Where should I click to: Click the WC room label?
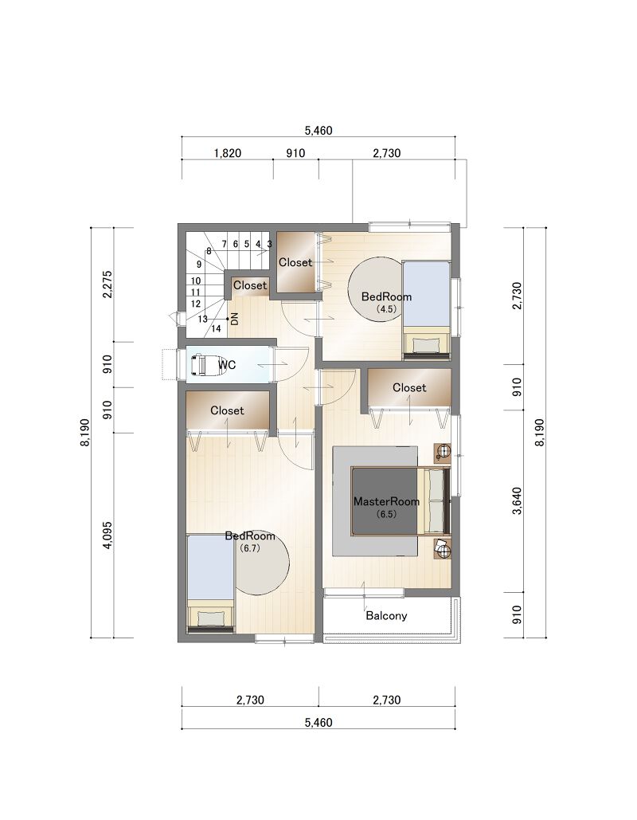(x=227, y=365)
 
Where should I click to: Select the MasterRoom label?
(x=386, y=501)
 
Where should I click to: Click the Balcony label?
(x=386, y=615)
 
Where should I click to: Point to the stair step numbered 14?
(x=216, y=329)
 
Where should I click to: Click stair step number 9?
(x=199, y=265)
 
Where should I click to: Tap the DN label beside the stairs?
(x=235, y=319)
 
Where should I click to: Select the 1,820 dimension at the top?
(x=228, y=153)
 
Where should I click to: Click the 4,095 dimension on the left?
(x=107, y=535)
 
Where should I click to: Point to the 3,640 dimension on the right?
(x=517, y=501)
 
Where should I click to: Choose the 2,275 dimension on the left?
(x=107, y=284)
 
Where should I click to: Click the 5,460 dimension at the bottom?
(x=318, y=723)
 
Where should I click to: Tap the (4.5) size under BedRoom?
(x=386, y=309)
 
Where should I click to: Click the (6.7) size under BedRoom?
(x=250, y=548)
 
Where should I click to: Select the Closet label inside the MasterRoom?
(x=409, y=387)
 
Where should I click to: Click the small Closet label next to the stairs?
(x=250, y=285)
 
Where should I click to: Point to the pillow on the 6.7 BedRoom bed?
(x=210, y=618)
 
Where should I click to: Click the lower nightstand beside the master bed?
(x=442, y=549)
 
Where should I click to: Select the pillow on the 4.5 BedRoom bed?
(x=427, y=345)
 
